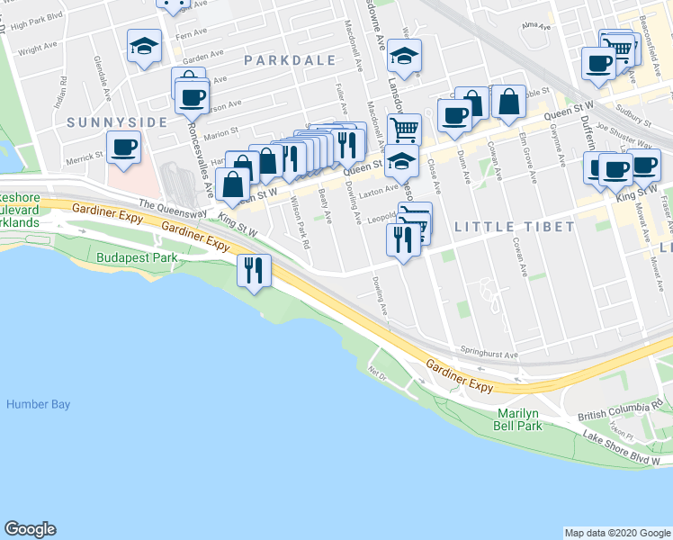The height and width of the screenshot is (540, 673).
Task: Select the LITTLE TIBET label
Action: (x=514, y=227)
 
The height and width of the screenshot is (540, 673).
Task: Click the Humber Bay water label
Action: (x=38, y=404)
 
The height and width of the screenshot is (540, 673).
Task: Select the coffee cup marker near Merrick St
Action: (x=123, y=147)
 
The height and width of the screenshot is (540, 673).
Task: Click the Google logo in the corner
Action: (x=30, y=529)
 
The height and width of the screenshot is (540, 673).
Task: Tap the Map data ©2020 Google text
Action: (x=616, y=533)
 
